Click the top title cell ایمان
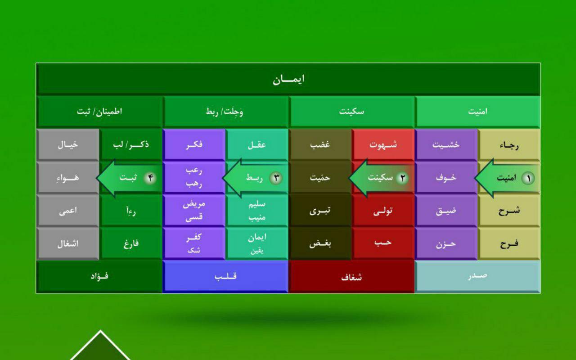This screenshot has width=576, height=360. point(288,79)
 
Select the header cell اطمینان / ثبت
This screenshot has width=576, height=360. point(99,112)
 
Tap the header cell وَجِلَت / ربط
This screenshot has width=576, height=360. point(225,112)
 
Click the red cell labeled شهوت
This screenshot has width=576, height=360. point(383,145)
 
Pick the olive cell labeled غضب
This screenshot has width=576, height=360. point(320,145)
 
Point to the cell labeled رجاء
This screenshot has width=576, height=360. point(509,145)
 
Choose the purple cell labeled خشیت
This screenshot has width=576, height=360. point(446,145)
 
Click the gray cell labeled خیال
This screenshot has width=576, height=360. point(68,145)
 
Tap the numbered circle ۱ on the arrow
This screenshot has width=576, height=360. point(528,178)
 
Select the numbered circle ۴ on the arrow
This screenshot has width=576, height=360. point(150,178)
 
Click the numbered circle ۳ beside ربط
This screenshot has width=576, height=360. point(276,178)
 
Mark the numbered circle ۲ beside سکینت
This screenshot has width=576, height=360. point(402,178)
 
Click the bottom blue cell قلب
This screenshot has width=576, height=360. point(225,277)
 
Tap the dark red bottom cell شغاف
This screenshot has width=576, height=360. point(351,277)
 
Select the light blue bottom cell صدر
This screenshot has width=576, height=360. point(477,277)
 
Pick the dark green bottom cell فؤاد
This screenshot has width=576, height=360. point(99,277)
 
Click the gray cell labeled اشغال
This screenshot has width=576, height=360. point(68,243)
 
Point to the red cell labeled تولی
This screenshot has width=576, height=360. point(383,211)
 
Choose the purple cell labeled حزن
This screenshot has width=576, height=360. point(446,243)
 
